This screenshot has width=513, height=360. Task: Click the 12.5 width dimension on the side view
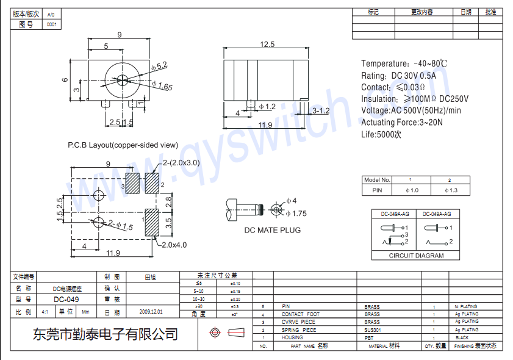coord(267,44)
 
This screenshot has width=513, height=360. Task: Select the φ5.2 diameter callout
coord(159,65)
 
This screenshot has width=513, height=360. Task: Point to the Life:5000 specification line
coord(381,134)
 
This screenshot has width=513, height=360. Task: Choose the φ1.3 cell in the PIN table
coord(450,190)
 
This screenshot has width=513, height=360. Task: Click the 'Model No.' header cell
coord(376,180)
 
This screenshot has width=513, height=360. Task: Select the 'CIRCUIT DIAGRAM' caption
coord(416,256)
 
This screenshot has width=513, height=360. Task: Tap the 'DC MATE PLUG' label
coord(272,230)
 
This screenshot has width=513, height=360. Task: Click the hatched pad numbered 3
coord(132,184)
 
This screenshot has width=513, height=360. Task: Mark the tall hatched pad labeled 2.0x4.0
coord(152,223)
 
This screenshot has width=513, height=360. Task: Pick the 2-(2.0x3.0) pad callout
coord(181,163)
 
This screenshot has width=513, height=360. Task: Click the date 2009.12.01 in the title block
coord(151,311)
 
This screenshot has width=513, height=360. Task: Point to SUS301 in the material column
coord(371,329)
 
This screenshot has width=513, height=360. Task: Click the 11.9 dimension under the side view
coord(265,125)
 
